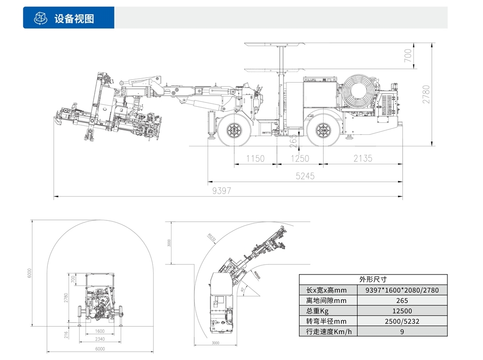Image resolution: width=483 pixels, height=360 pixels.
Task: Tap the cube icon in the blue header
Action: pyautogui.click(x=40, y=18)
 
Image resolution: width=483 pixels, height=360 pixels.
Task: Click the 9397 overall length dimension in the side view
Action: pyautogui.click(x=222, y=191)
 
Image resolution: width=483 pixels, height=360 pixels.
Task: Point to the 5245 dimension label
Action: pyautogui.click(x=305, y=176)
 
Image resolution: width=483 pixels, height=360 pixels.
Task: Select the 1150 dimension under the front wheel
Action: pyautogui.click(x=256, y=158)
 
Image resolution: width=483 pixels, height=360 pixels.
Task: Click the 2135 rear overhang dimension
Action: pyautogui.click(x=363, y=158)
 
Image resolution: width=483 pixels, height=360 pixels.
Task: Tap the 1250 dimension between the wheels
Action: pyautogui.click(x=299, y=158)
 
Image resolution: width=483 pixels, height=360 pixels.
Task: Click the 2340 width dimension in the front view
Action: pyautogui.click(x=100, y=339)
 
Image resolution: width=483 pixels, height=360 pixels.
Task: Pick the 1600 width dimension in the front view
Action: pyautogui.click(x=100, y=331)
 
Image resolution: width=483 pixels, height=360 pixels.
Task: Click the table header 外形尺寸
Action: pyautogui.click(x=373, y=279)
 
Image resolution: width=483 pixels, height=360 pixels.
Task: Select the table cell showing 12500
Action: pyautogui.click(x=402, y=311)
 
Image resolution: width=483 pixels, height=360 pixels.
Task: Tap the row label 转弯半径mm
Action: pyautogui.click(x=327, y=321)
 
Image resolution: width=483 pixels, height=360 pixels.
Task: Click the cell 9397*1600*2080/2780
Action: pyautogui.click(x=402, y=290)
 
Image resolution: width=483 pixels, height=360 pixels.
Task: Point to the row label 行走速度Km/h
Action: pyautogui.click(x=328, y=331)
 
